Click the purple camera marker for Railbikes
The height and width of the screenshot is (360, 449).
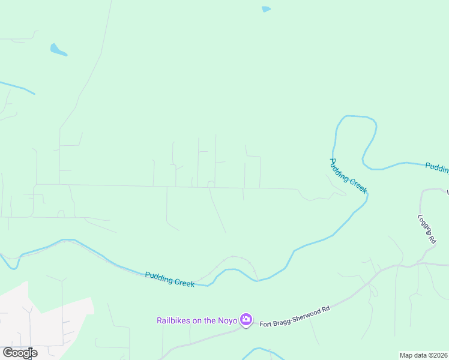pyautogui.click(x=246, y=320)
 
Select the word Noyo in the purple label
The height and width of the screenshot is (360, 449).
pyautogui.click(x=228, y=320)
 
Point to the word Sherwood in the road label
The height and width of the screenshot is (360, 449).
pyautogui.click(x=303, y=315)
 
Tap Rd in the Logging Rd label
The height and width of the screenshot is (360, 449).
pyautogui.click(x=432, y=238)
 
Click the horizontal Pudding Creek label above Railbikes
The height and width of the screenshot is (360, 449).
pyautogui.click(x=169, y=279)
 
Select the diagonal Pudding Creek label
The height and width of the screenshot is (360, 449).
pyautogui.click(x=348, y=176)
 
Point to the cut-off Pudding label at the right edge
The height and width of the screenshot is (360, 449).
pyautogui.click(x=437, y=167)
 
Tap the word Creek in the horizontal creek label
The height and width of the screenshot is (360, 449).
pyautogui.click(x=182, y=281)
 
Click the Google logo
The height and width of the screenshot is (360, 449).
pyautogui.click(x=20, y=353)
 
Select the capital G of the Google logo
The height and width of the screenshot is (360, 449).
pyautogui.click(x=8, y=352)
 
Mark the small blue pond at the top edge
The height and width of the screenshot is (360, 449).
pyautogui.click(x=266, y=9)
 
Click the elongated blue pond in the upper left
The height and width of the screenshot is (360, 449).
pyautogui.click(x=58, y=50)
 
